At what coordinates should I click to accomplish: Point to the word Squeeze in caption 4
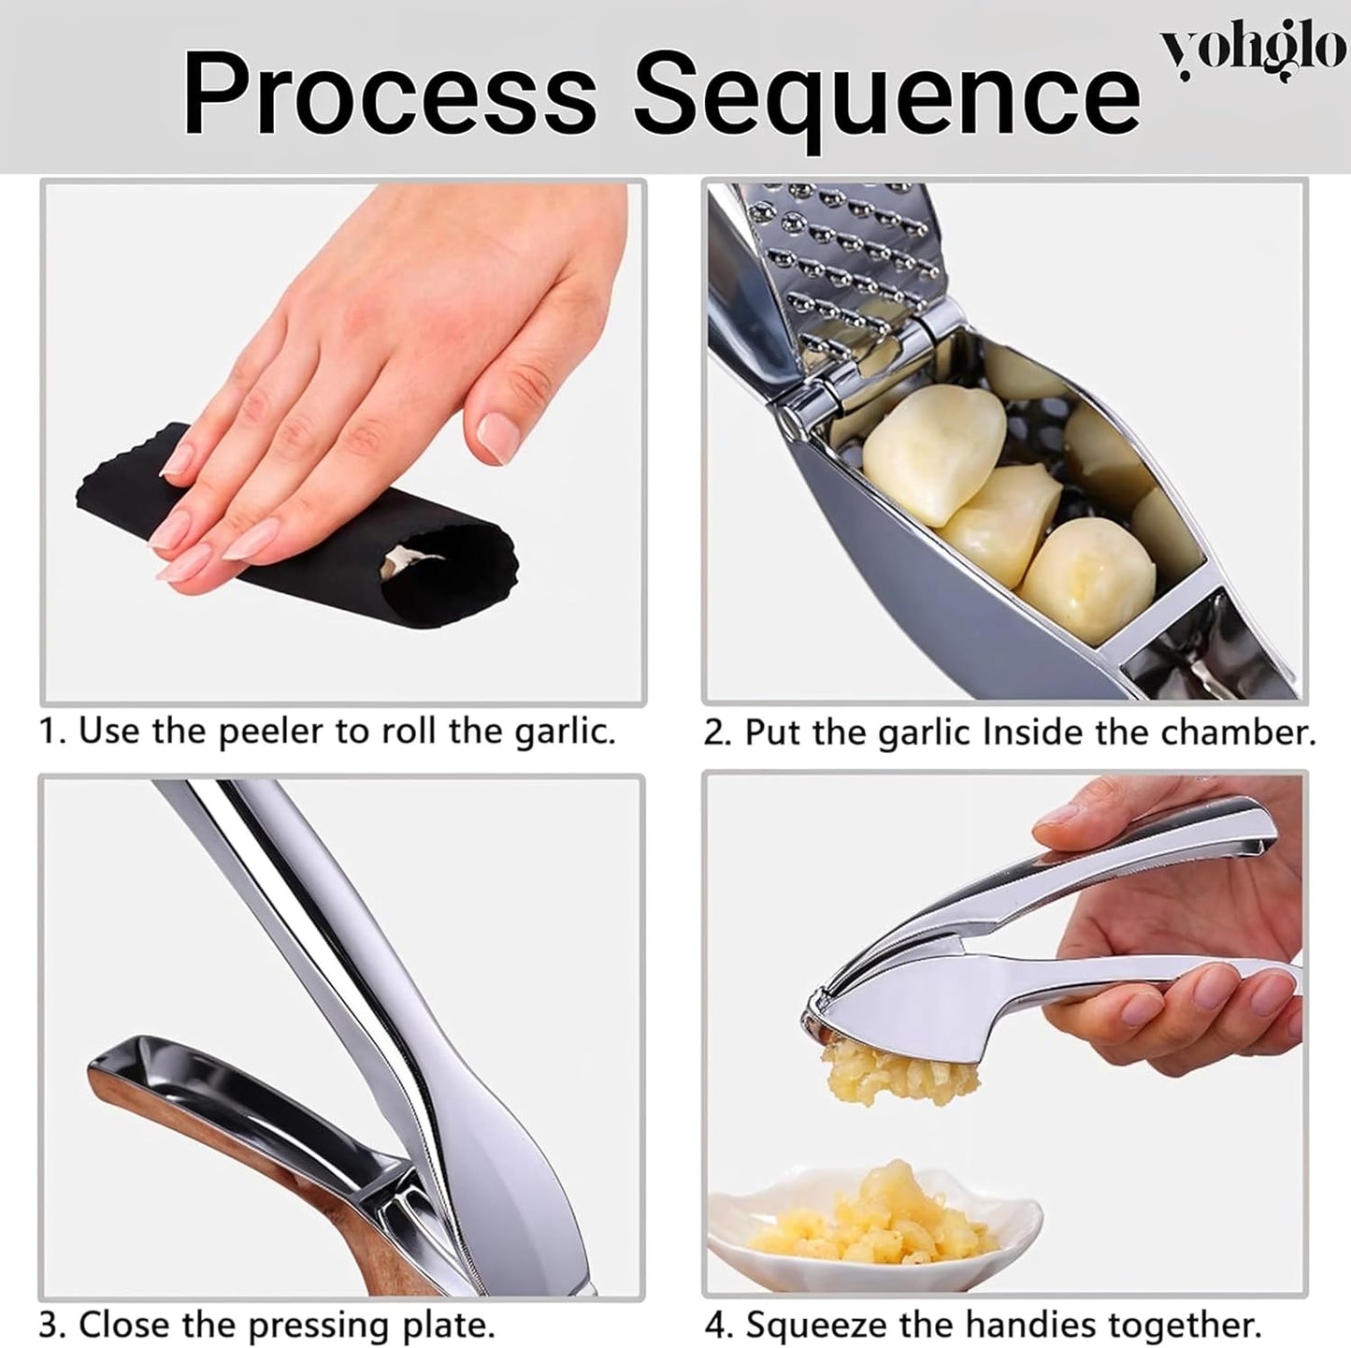[x=824, y=1325]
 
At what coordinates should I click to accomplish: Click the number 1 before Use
[x=47, y=731]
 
